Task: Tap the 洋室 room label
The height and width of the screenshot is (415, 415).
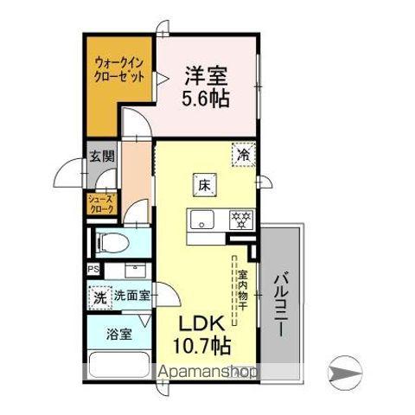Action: (205, 75)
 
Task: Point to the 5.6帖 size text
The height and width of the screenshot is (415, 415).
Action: (205, 99)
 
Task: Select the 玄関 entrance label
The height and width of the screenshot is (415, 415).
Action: (100, 156)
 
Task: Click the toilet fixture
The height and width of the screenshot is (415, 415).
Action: (109, 242)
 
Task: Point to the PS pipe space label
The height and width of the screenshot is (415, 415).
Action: (92, 268)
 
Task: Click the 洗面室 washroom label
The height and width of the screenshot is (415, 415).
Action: (131, 295)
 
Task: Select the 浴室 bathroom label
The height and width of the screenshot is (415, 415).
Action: (119, 334)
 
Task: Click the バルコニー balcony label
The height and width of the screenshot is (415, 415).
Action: (282, 308)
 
